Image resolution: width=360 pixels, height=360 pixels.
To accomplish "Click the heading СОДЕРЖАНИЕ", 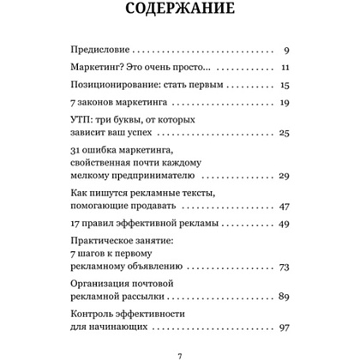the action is coord(180,14).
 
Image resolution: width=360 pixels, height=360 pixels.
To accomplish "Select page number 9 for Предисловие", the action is coord(285,51).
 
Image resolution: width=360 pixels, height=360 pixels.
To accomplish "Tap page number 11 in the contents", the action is coord(285,68).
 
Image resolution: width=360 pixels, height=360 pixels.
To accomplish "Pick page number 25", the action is coord(285,133).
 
